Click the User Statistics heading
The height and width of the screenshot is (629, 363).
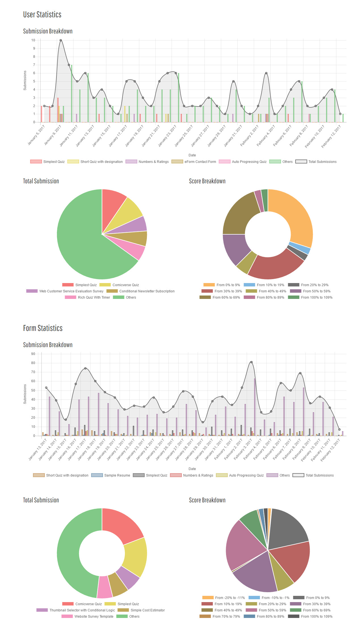click(x=42, y=14)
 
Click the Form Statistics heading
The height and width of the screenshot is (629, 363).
click(x=43, y=328)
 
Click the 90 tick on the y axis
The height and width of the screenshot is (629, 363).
click(x=33, y=354)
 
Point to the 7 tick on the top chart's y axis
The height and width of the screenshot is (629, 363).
click(x=34, y=65)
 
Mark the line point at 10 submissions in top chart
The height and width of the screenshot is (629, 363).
click(x=61, y=40)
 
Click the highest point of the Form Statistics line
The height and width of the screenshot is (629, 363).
click(x=251, y=362)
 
